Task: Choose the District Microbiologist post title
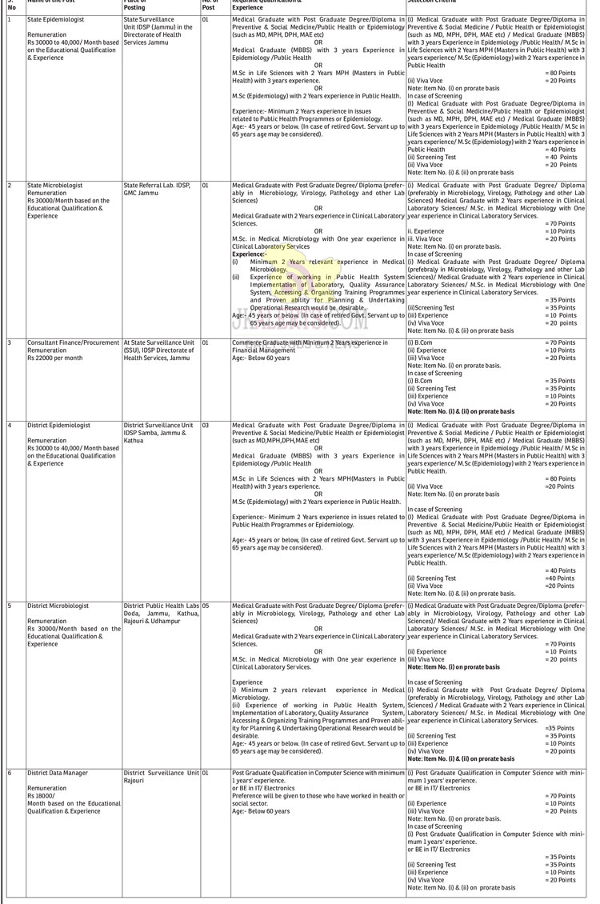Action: click(x=58, y=606)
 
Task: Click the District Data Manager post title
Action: click(x=58, y=773)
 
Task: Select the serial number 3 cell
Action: click(x=10, y=342)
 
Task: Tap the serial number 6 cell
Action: click(x=10, y=773)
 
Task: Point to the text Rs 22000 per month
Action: click(x=56, y=358)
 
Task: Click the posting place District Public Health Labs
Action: click(x=161, y=606)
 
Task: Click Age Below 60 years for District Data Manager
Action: click(x=261, y=811)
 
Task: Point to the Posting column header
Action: click(x=134, y=6)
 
